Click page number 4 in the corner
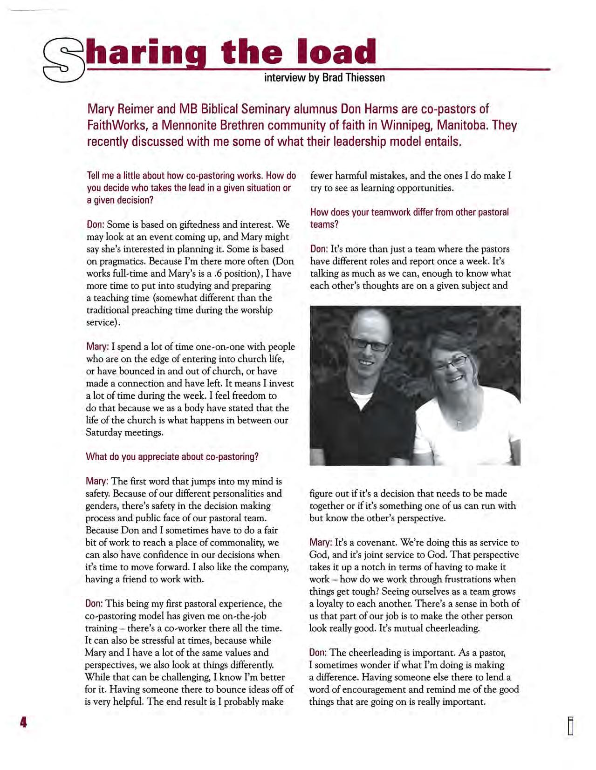23,722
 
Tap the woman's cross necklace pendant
459,423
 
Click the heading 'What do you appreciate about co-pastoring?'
171,457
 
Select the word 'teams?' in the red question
324,225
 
